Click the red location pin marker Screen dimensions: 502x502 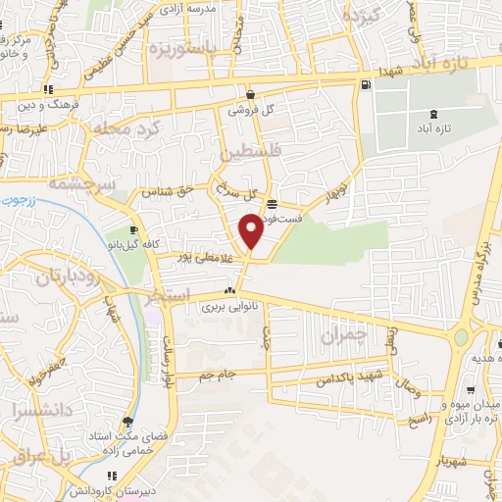(251, 231)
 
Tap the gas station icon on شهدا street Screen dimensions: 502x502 (366, 85)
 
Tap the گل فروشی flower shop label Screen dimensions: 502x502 (250, 110)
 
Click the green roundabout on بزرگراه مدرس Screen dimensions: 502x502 (461, 338)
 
